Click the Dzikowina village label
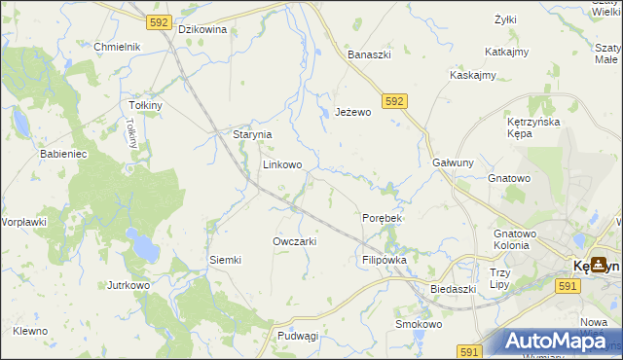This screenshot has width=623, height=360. (203, 29)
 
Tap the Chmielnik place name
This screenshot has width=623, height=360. (118, 47)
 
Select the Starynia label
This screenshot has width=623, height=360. (251, 135)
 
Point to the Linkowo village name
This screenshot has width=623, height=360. (281, 165)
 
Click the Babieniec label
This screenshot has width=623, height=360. (63, 154)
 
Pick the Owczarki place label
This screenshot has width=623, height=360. (295, 240)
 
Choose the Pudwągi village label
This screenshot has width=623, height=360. (298, 336)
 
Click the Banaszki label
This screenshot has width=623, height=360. (370, 54)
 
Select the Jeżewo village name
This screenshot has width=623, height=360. (353, 113)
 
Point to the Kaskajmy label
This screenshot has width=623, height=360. (473, 75)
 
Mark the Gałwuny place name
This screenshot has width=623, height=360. (453, 162)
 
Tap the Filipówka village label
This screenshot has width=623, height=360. (384, 261)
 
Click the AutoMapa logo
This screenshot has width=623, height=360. (558, 341)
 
